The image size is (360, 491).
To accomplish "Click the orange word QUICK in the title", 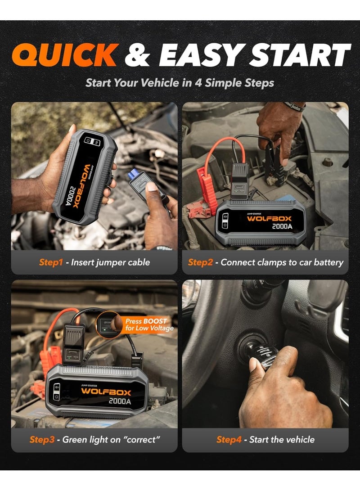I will (x=65, y=55).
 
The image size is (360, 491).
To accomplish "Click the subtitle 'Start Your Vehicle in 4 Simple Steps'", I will (x=180, y=83).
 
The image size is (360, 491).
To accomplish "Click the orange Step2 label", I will (x=200, y=262).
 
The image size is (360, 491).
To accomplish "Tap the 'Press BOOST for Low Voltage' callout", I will (x=146, y=324).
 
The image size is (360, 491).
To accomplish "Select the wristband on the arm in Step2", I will (x=294, y=107).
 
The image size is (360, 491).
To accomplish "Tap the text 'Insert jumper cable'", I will (x=111, y=262).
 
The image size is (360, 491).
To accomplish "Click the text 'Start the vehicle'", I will (x=282, y=439).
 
